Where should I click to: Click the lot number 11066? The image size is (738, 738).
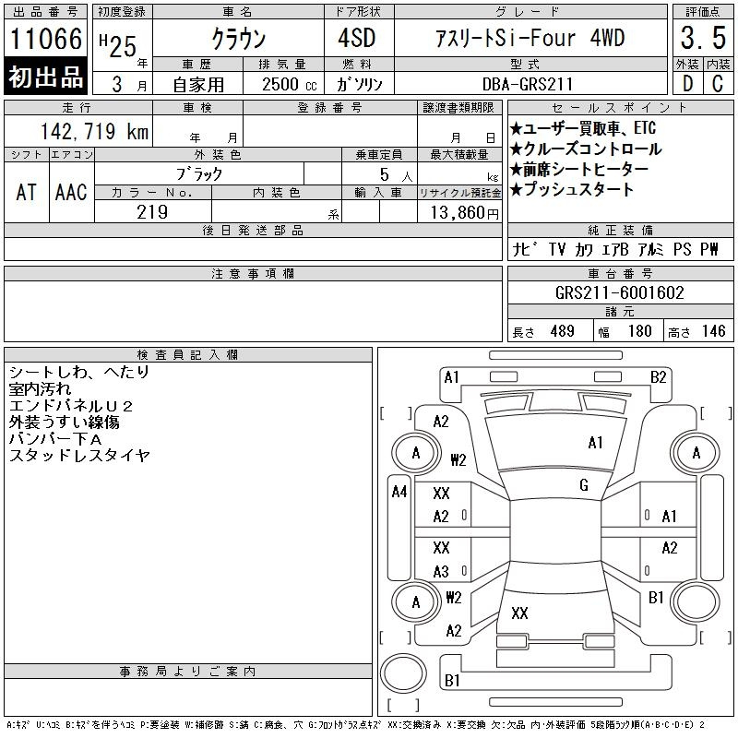click(45, 38)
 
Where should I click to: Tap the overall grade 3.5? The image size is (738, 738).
click(703, 38)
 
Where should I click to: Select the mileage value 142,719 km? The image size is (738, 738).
click(94, 131)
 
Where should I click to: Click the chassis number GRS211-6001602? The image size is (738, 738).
click(619, 292)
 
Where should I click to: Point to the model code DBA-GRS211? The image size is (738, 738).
click(528, 84)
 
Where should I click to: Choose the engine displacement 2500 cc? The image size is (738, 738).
click(289, 84)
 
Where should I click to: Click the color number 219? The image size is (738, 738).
click(152, 212)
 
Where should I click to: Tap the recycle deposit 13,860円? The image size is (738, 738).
click(464, 213)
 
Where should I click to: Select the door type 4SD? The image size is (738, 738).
click(357, 38)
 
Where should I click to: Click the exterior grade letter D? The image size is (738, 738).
click(687, 83)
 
